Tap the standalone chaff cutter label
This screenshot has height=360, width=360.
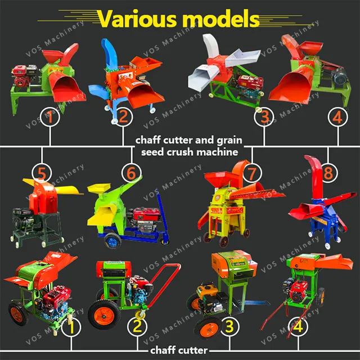pos(180,350)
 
